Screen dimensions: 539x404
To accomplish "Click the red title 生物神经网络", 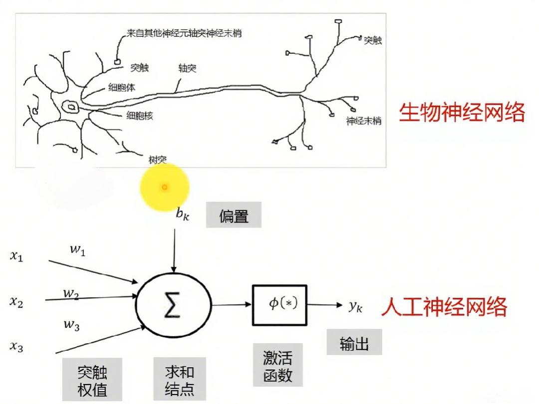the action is [x=462, y=113].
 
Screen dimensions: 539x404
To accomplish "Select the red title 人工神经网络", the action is [x=444, y=306].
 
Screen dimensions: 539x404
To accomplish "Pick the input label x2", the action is [x=16, y=302].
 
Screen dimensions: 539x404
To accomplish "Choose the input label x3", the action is [x=16, y=347].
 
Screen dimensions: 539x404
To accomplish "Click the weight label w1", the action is [x=77, y=250].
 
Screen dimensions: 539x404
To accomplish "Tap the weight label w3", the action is [x=71, y=325].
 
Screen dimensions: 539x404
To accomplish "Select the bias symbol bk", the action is [x=181, y=214].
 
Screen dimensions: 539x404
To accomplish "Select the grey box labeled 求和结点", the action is [x=180, y=380].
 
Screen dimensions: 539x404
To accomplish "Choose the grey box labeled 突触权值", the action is [x=92, y=380].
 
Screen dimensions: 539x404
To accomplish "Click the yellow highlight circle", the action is [x=164, y=187].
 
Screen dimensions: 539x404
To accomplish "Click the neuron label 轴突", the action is [x=187, y=68].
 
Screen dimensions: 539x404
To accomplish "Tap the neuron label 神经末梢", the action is [x=364, y=121].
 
